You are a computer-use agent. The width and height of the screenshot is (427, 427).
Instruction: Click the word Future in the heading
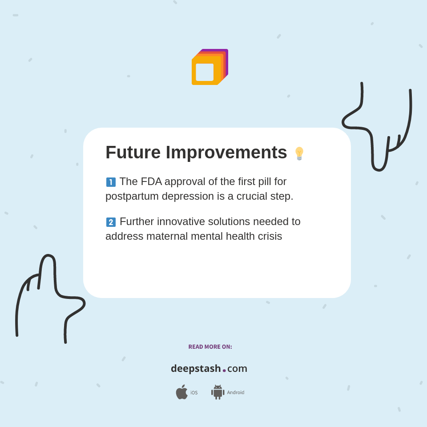[133, 153]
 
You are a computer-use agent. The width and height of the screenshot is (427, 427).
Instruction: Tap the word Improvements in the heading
[226, 153]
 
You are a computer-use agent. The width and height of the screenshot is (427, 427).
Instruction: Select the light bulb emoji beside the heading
[299, 153]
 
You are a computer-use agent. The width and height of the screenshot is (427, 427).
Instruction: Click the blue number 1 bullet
[111, 182]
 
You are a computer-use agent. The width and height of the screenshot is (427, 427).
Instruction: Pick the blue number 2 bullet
[111, 222]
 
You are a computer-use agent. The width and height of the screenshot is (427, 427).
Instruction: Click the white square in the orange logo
[205, 72]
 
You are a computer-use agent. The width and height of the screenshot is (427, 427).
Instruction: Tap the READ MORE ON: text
[210, 347]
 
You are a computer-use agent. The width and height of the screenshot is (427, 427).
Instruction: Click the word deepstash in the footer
[196, 368]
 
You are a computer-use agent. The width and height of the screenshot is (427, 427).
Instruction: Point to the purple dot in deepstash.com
[224, 370]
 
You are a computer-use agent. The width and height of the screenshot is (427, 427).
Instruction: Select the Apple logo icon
[181, 392]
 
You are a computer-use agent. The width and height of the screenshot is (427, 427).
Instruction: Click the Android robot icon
[218, 392]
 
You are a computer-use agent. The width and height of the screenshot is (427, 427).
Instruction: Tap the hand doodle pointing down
[379, 129]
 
